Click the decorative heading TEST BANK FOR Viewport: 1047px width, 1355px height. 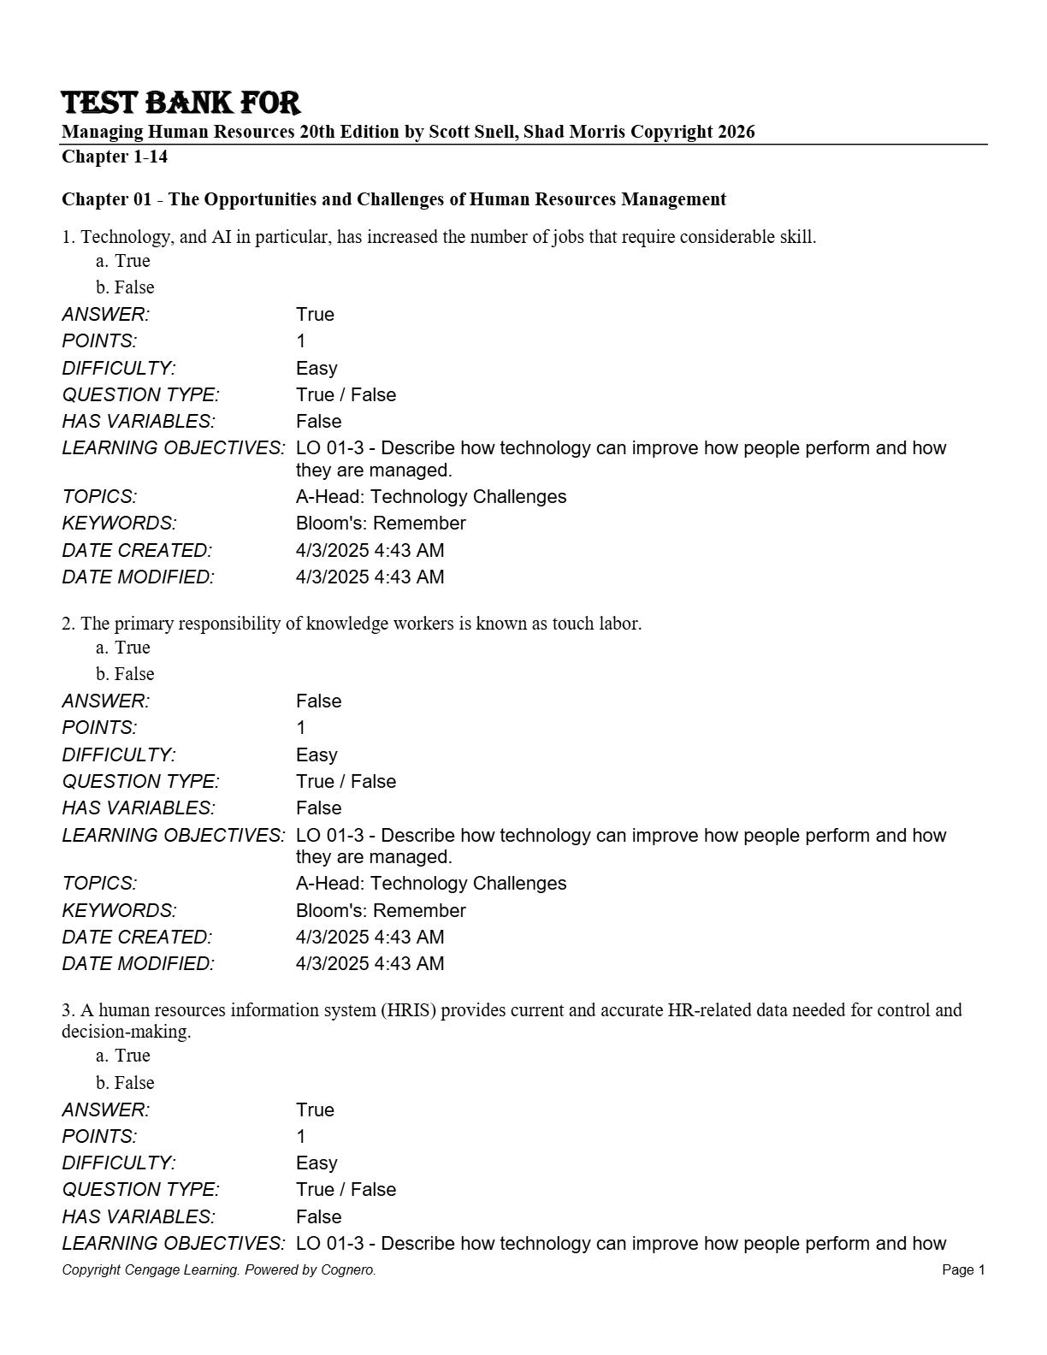click(180, 103)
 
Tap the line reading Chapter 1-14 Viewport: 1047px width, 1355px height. click(115, 157)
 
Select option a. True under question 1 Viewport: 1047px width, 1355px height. click(123, 261)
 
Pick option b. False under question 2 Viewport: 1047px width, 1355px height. click(125, 674)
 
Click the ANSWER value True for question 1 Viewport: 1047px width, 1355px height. click(315, 315)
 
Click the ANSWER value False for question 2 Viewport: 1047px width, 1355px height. click(318, 701)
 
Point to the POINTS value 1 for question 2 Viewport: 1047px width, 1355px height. click(301, 728)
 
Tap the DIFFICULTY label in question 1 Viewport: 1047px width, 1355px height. click(118, 369)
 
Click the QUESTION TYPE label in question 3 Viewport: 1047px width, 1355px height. click(140, 1190)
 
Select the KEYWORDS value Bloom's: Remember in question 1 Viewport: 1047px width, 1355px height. click(381, 524)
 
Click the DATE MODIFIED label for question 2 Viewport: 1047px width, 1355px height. click(138, 964)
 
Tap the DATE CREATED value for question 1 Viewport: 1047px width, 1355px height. click(370, 551)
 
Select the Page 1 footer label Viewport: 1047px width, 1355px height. click(963, 1270)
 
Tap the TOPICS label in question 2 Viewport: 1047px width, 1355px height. click(99, 884)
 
